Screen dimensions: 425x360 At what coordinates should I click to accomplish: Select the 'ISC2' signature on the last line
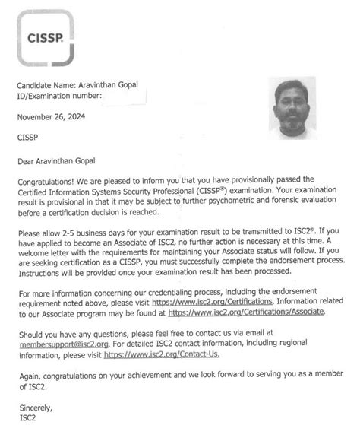tap(25, 418)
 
